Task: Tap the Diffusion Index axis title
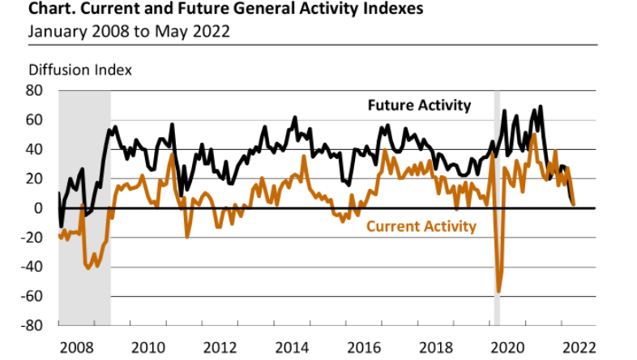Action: pyautogui.click(x=79, y=70)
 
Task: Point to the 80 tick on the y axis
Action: pyautogui.click(x=36, y=91)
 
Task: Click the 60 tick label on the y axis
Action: pyautogui.click(x=36, y=120)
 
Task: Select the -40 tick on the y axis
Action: pyautogui.click(x=32, y=267)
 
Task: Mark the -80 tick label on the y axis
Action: pyautogui.click(x=32, y=325)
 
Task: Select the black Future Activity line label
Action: pyautogui.click(x=419, y=105)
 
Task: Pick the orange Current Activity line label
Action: pyautogui.click(x=421, y=226)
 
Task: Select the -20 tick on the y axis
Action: pyautogui.click(x=32, y=238)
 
